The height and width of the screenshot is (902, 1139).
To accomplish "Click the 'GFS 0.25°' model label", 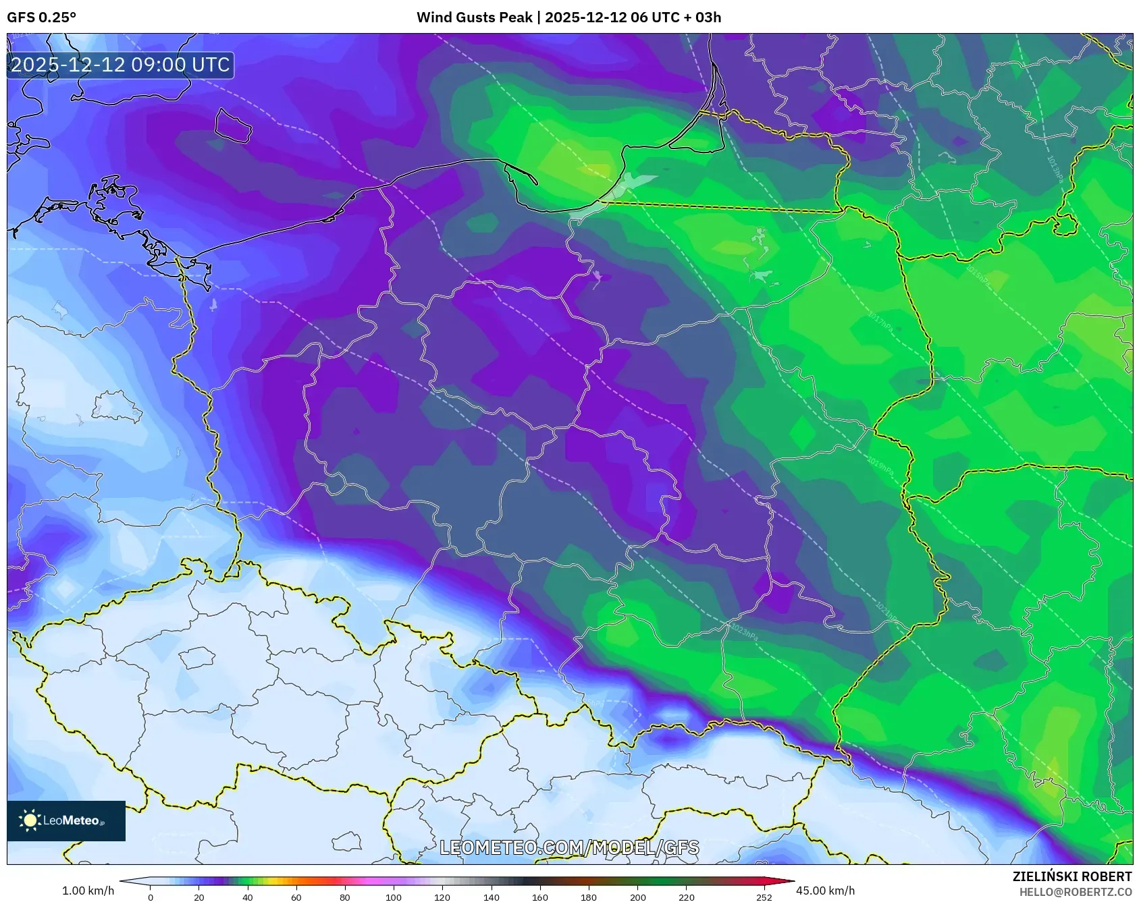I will [x=41, y=18].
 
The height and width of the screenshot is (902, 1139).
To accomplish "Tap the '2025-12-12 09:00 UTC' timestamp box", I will [x=120, y=65].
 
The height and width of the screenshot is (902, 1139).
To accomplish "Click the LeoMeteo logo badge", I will [x=66, y=820].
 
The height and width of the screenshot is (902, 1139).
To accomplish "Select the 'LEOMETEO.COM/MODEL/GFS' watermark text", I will [x=569, y=847].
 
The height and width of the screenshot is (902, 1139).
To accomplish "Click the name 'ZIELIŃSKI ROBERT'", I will [x=1071, y=876].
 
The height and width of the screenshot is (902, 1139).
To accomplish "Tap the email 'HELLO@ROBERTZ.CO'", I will [x=1075, y=892].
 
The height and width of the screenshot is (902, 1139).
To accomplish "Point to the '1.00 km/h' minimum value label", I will [x=88, y=891].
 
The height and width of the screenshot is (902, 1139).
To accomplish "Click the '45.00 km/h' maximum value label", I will [x=825, y=891].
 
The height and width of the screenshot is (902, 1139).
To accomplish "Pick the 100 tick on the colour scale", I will [x=394, y=897].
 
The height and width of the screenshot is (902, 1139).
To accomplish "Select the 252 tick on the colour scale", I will [x=764, y=897].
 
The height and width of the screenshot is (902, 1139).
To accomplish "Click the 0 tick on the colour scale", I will [x=150, y=897].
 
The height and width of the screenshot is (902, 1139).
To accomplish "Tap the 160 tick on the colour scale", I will [x=539, y=897].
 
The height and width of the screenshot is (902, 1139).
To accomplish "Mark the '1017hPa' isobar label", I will [x=880, y=322].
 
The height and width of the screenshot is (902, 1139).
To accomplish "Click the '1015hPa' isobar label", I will [x=977, y=277].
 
